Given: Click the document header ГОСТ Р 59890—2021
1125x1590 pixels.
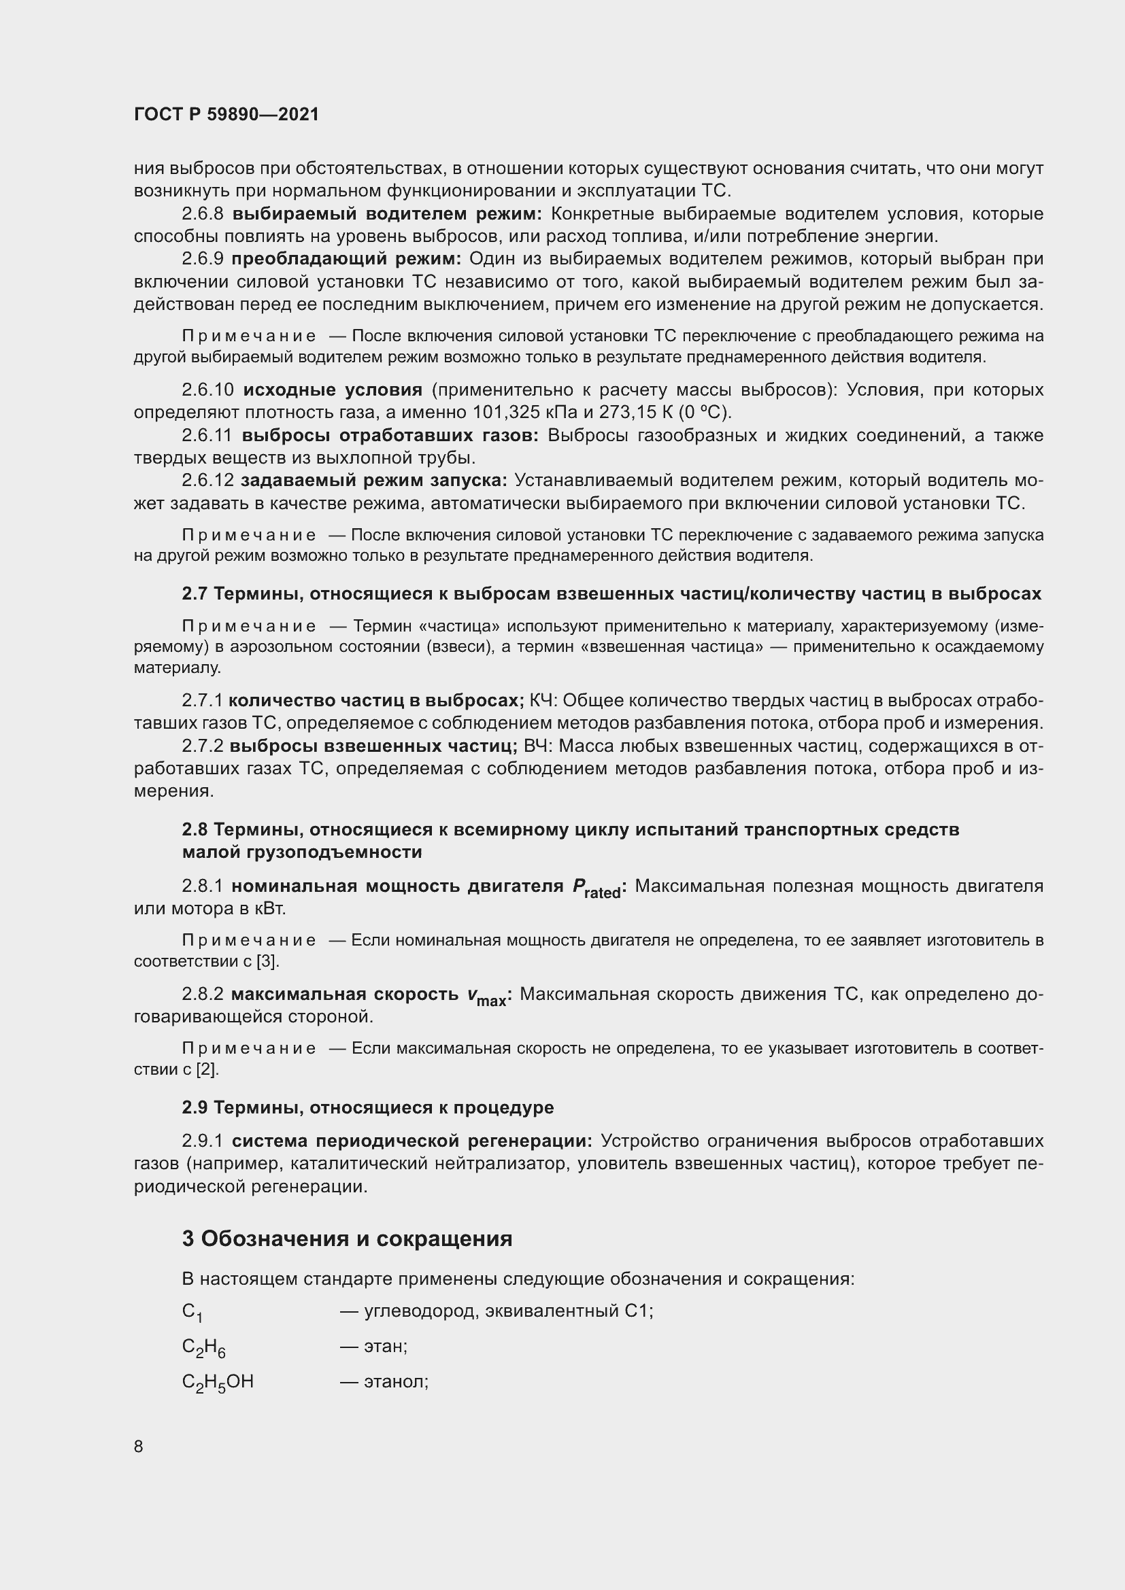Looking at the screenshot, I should point(226,114).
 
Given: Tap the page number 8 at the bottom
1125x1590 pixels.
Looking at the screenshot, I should point(139,1447).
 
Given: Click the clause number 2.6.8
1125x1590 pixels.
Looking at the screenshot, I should point(202,214).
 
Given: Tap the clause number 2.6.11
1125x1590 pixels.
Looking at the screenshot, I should point(208,436).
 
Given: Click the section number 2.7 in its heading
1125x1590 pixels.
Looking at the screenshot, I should point(195,593).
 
